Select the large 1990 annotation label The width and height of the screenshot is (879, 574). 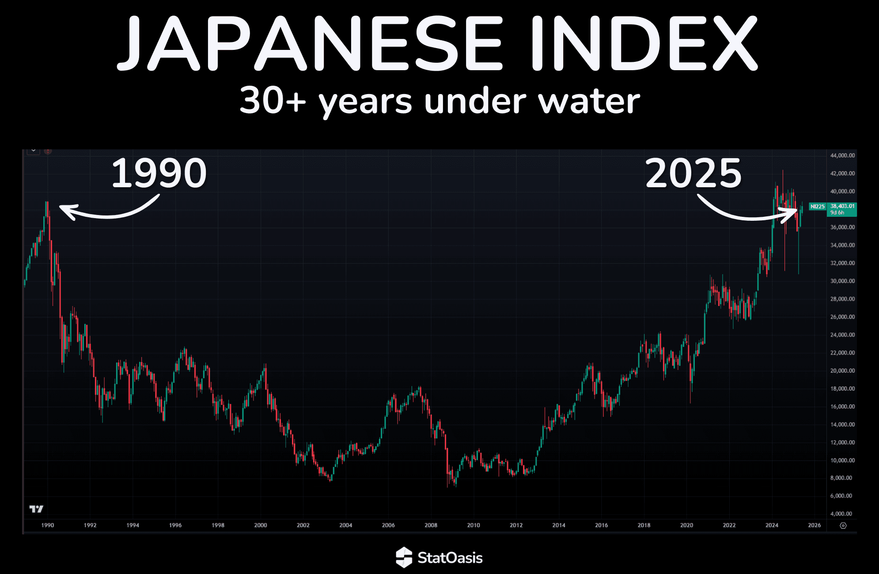pyautogui.click(x=159, y=174)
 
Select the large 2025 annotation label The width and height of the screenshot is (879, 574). pyautogui.click(x=693, y=174)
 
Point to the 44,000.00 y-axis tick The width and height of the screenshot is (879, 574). pyautogui.click(x=842, y=155)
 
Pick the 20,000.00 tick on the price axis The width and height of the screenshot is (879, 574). pyautogui.click(x=842, y=370)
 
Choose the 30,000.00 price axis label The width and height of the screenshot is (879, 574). pyautogui.click(x=842, y=281)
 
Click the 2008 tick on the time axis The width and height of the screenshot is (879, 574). pyautogui.click(x=431, y=525)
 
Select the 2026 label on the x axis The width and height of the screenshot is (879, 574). pyautogui.click(x=814, y=525)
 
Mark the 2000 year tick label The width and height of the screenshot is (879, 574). pyautogui.click(x=261, y=525)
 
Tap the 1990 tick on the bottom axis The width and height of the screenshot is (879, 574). pyautogui.click(x=47, y=525)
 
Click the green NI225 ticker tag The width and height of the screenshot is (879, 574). pyautogui.click(x=818, y=206)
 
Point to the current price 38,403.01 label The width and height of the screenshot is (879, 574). pyautogui.click(x=842, y=206)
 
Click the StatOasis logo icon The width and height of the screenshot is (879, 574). pyautogui.click(x=404, y=557)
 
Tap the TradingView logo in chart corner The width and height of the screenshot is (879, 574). pyautogui.click(x=36, y=509)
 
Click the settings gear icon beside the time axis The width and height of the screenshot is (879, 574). pyautogui.click(x=843, y=525)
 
